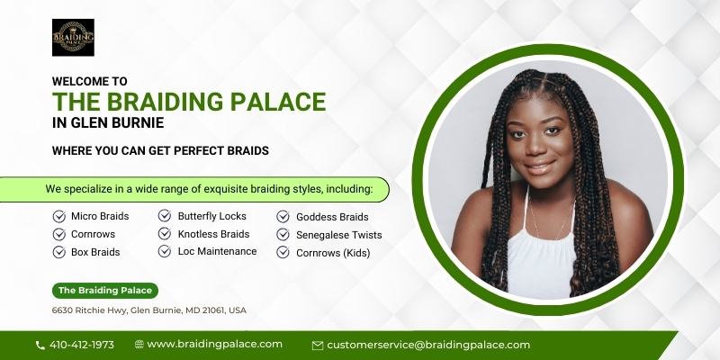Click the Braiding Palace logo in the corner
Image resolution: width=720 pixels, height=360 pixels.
(73, 38)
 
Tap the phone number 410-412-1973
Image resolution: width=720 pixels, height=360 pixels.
(82, 345)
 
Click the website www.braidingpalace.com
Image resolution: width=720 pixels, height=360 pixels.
(214, 345)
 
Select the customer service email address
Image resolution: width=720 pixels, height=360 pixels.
(428, 345)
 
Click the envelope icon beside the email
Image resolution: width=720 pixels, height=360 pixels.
(318, 346)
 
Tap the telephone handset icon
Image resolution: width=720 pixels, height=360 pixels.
(40, 346)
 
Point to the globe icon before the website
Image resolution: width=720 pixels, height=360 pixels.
(139, 345)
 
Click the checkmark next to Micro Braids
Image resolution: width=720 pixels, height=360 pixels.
(59, 216)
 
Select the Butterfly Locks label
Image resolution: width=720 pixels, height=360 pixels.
(212, 216)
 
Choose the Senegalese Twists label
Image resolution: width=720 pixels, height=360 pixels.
(339, 235)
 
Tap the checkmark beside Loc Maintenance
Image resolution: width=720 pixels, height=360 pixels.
(165, 251)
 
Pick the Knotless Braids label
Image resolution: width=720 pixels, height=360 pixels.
(214, 234)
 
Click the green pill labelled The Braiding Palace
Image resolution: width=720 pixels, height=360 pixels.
(105, 291)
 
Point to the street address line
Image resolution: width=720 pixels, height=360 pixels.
(149, 310)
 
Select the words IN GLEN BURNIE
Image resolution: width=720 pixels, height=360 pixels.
(108, 123)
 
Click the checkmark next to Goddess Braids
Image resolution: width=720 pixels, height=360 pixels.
(283, 217)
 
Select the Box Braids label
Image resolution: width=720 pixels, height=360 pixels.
(95, 252)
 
